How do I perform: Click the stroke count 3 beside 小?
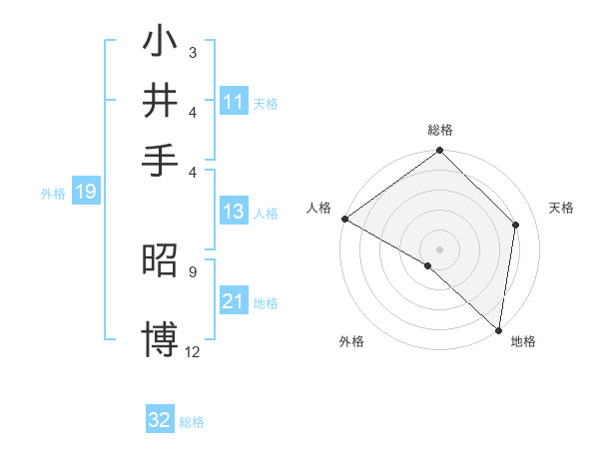click(x=192, y=52)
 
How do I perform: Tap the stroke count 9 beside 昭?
click(x=192, y=269)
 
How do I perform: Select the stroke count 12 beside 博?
click(x=193, y=351)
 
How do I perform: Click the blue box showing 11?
click(x=234, y=102)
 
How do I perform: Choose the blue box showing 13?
click(x=234, y=212)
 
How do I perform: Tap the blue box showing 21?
click(x=234, y=301)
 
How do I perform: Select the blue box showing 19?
click(x=85, y=193)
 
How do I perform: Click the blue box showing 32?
click(x=160, y=420)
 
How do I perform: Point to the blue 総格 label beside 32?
click(x=192, y=422)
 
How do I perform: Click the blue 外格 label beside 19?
click(x=53, y=194)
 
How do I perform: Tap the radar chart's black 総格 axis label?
click(x=439, y=130)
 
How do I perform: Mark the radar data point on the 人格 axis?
click(x=344, y=219)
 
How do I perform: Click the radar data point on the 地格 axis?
click(x=498, y=329)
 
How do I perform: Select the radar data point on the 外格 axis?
click(x=427, y=265)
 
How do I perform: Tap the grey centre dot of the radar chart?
click(x=439, y=248)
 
